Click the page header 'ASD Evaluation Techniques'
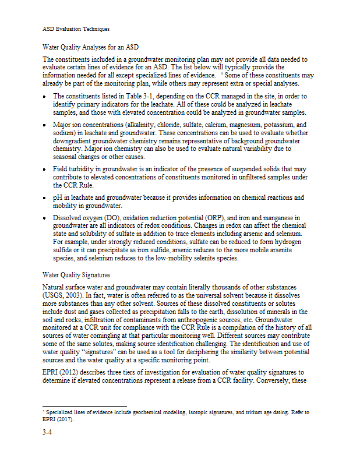76,29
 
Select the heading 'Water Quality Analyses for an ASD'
91,47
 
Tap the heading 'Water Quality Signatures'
77,274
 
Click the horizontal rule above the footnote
84,407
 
